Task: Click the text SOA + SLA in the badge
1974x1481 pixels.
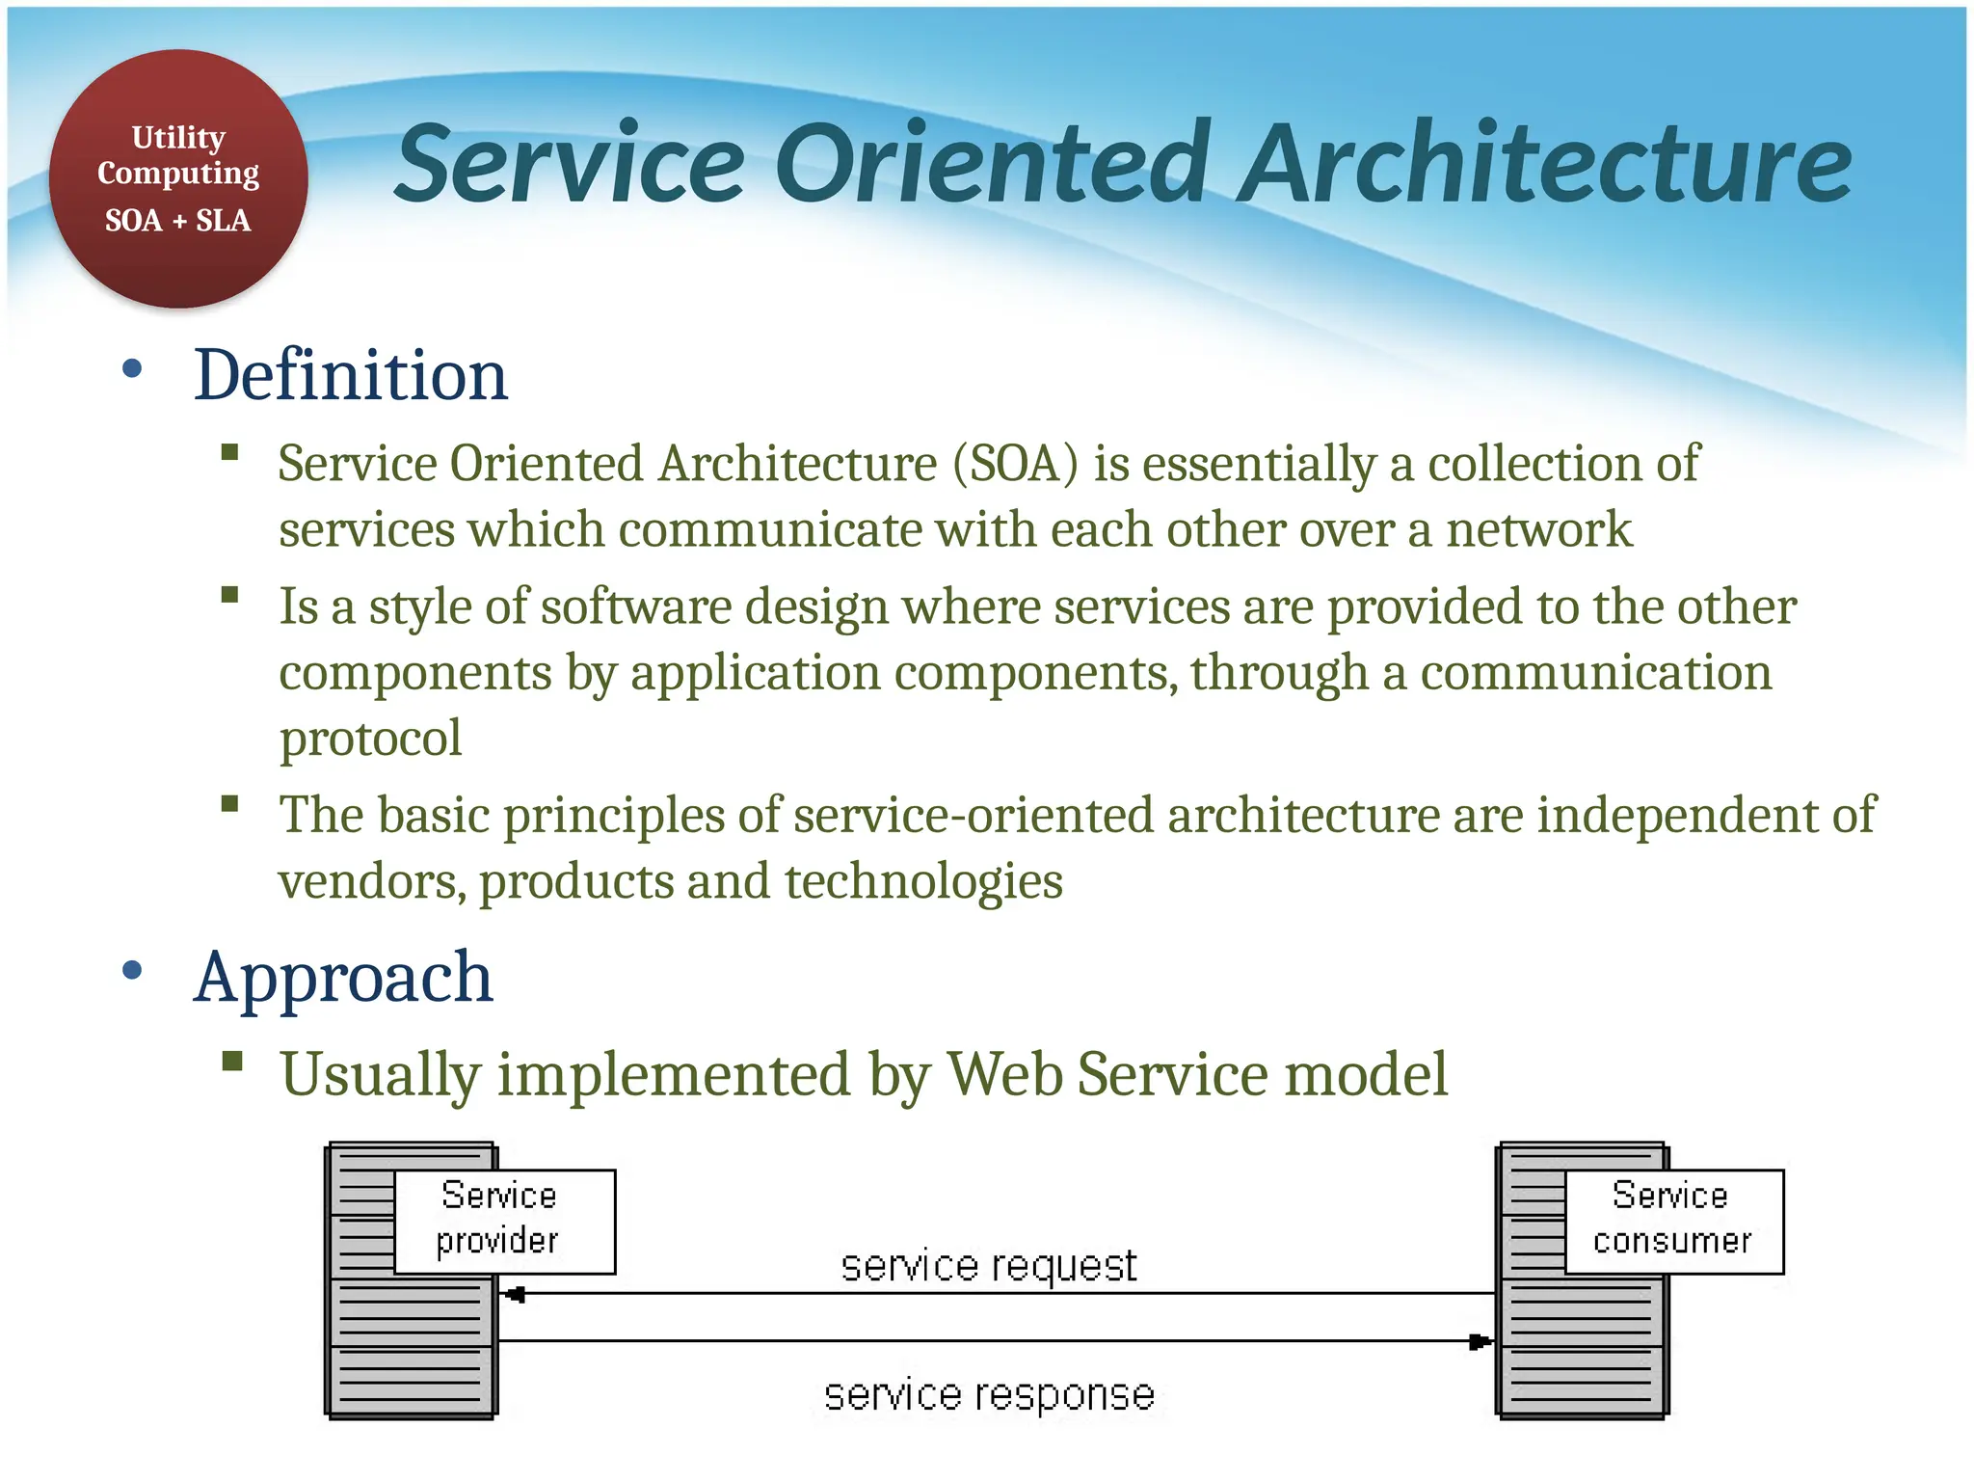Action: point(178,221)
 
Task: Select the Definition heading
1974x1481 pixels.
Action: point(350,375)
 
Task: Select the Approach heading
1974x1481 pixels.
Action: point(343,977)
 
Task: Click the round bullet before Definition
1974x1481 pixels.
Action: point(133,368)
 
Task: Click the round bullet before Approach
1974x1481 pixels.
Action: point(133,970)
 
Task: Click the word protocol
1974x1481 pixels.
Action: point(371,739)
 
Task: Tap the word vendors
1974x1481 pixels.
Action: point(372,881)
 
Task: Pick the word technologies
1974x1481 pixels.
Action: point(922,881)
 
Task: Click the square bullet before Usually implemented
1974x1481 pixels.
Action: point(231,1062)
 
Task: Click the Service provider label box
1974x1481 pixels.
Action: point(504,1221)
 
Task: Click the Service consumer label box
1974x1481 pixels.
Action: point(1673,1221)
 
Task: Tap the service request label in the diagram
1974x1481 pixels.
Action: point(988,1265)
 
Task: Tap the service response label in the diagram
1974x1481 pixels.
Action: point(988,1395)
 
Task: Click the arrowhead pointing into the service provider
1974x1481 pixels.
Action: point(515,1294)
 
